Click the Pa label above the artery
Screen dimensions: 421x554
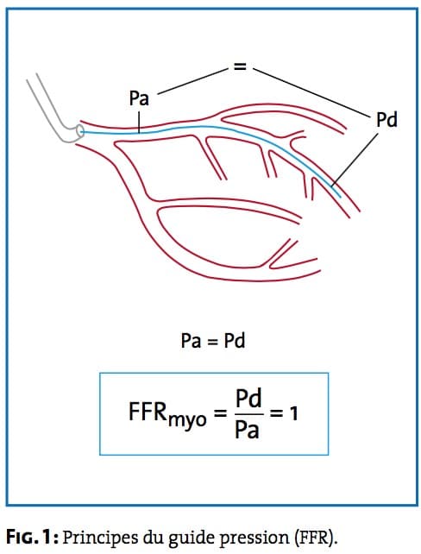click(139, 98)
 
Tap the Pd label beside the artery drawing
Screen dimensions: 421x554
click(386, 119)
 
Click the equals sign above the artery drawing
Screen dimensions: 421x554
click(240, 66)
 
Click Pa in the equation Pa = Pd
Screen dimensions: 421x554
click(191, 341)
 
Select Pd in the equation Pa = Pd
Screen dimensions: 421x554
click(235, 341)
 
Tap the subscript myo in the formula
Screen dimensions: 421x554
click(187, 420)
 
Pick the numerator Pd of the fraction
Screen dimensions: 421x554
click(248, 398)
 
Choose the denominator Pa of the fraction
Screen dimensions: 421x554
click(248, 428)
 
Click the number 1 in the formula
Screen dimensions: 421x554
click(293, 413)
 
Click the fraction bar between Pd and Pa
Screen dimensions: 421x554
click(249, 413)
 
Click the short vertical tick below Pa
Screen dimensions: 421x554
click(140, 123)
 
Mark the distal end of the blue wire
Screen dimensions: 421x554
click(341, 197)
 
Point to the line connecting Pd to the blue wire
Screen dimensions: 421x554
click(355, 160)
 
